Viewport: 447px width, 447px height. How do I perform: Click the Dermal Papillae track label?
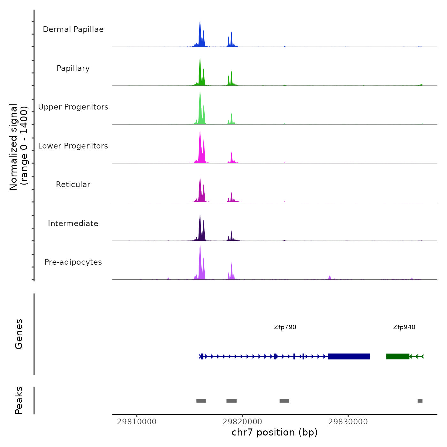(x=73, y=29)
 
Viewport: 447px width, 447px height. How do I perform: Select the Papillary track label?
(x=73, y=68)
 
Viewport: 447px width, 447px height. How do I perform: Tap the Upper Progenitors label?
(x=73, y=107)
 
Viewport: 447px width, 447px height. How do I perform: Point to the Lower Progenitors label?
(x=73, y=146)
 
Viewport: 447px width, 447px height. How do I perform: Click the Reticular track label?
(x=73, y=185)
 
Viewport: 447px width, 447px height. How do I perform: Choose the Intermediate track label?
(x=73, y=223)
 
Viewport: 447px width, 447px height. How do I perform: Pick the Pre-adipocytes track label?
(x=73, y=262)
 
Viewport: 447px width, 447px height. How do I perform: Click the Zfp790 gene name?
(x=285, y=327)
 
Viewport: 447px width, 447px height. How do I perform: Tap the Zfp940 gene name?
(x=404, y=327)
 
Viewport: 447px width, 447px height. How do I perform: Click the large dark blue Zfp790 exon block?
(x=349, y=356)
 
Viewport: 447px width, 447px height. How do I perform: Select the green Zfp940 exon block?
(x=398, y=356)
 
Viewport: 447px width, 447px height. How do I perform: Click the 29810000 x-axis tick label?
(x=137, y=422)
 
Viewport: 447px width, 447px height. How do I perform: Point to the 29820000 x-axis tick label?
(x=242, y=422)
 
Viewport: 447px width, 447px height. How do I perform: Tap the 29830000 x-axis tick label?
(x=348, y=422)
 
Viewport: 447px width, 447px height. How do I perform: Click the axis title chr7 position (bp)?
(x=275, y=433)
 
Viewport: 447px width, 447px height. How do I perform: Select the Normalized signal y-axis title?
(x=19, y=147)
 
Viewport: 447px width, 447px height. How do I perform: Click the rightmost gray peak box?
(x=420, y=401)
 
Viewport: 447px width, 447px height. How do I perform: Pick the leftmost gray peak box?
(x=201, y=401)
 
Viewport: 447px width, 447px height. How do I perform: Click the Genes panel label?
(x=19, y=334)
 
